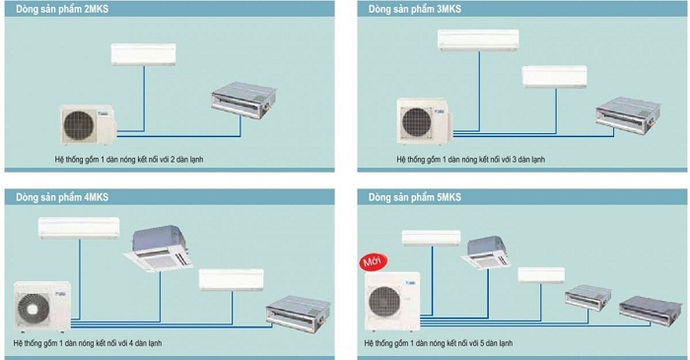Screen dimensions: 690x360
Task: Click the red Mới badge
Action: pyautogui.click(x=374, y=261)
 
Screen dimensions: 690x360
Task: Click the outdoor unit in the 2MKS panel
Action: pyautogui.click(x=88, y=124)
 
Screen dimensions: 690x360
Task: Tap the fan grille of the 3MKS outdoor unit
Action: pyautogui.click(x=416, y=122)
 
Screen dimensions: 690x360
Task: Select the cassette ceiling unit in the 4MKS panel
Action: pyautogui.click(x=159, y=249)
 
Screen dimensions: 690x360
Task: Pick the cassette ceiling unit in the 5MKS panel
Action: pyautogui.click(x=486, y=252)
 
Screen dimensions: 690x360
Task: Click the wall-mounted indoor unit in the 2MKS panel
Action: pyautogui.click(x=144, y=54)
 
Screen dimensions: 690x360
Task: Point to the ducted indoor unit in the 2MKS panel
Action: pyautogui.click(x=243, y=101)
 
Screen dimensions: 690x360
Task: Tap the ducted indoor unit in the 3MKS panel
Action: pyautogui.click(x=629, y=115)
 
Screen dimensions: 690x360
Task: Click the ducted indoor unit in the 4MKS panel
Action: pyautogui.click(x=298, y=315)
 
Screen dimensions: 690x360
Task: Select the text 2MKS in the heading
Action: pyautogui.click(x=96, y=9)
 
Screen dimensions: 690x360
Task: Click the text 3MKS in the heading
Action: pyautogui.click(x=448, y=9)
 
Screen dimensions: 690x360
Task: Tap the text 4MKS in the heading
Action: pyautogui.click(x=96, y=196)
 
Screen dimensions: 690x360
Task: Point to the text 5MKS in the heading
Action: pyautogui.click(x=448, y=196)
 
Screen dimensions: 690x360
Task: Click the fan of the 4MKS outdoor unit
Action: pyautogui.click(x=34, y=309)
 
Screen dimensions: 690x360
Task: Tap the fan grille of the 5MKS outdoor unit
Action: pyautogui.click(x=384, y=302)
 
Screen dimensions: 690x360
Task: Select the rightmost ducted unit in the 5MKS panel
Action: pyautogui.click(x=650, y=311)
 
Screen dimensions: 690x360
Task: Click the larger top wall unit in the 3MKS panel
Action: pyautogui.click(x=478, y=40)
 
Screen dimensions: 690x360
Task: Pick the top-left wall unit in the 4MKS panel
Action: pyautogui.click(x=79, y=228)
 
